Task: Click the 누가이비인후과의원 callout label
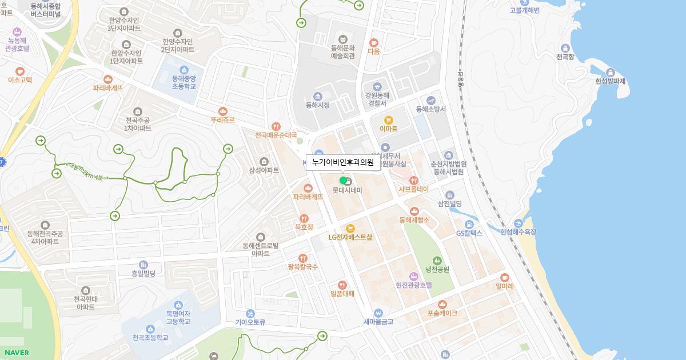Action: point(343,163)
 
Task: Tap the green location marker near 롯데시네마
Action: point(343,181)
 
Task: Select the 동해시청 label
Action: point(317,105)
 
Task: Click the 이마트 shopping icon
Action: point(389,120)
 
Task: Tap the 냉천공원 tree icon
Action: point(437,261)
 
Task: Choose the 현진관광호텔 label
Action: point(413,285)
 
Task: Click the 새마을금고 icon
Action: point(378,313)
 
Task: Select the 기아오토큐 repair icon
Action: point(250,313)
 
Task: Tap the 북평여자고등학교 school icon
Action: point(177,305)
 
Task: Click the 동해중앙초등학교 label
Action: point(184,82)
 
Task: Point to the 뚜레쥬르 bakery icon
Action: point(222,111)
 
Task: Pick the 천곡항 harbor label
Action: point(565,57)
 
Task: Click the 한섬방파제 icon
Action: point(611,73)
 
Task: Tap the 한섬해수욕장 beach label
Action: point(519,232)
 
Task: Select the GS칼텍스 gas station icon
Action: point(469,224)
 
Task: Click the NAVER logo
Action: point(15,353)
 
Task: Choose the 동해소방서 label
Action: point(431,109)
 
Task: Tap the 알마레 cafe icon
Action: point(505,277)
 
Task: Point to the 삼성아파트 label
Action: point(264,170)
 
